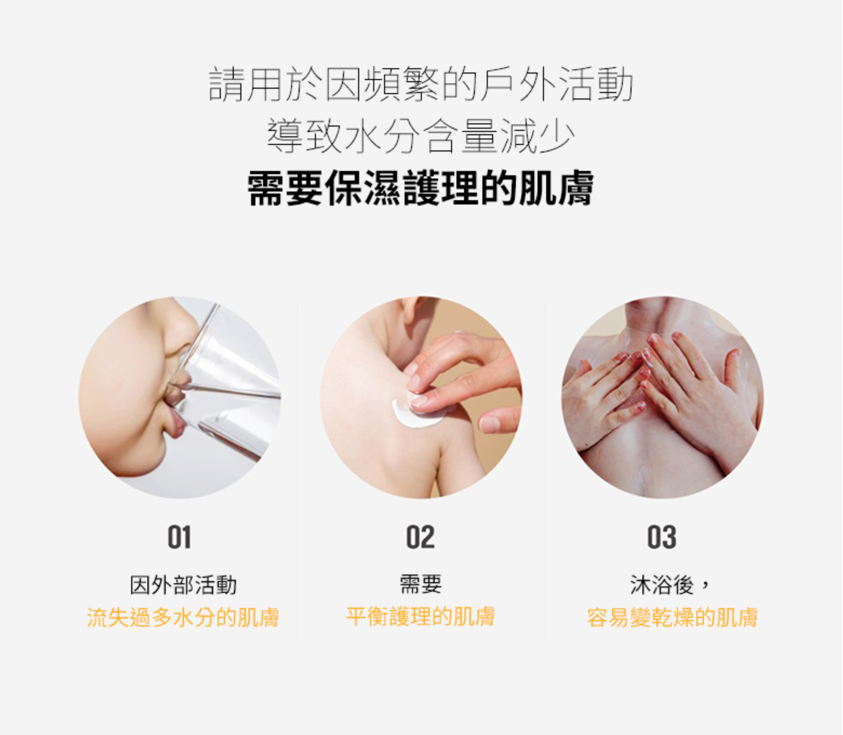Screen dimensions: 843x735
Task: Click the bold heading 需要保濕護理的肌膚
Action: [x=421, y=188]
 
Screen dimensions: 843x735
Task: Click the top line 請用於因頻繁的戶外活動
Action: [x=421, y=84]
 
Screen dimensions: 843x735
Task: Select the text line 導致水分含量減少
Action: [x=421, y=136]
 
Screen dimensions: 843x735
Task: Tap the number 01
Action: [x=179, y=537]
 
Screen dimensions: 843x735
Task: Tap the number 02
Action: [x=421, y=537]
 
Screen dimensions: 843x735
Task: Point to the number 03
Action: [x=662, y=537]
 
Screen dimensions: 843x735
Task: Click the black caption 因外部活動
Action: [x=183, y=585]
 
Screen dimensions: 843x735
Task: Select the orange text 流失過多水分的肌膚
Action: [x=183, y=617]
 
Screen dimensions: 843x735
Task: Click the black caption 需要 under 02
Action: [x=421, y=584]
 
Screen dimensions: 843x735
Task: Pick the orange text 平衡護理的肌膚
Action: [x=421, y=617]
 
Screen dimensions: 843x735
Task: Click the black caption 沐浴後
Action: [x=662, y=585]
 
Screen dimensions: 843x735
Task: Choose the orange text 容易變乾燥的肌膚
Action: [x=672, y=617]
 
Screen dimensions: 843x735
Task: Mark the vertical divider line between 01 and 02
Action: [x=298, y=472]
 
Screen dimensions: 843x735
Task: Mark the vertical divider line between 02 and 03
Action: [x=545, y=472]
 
